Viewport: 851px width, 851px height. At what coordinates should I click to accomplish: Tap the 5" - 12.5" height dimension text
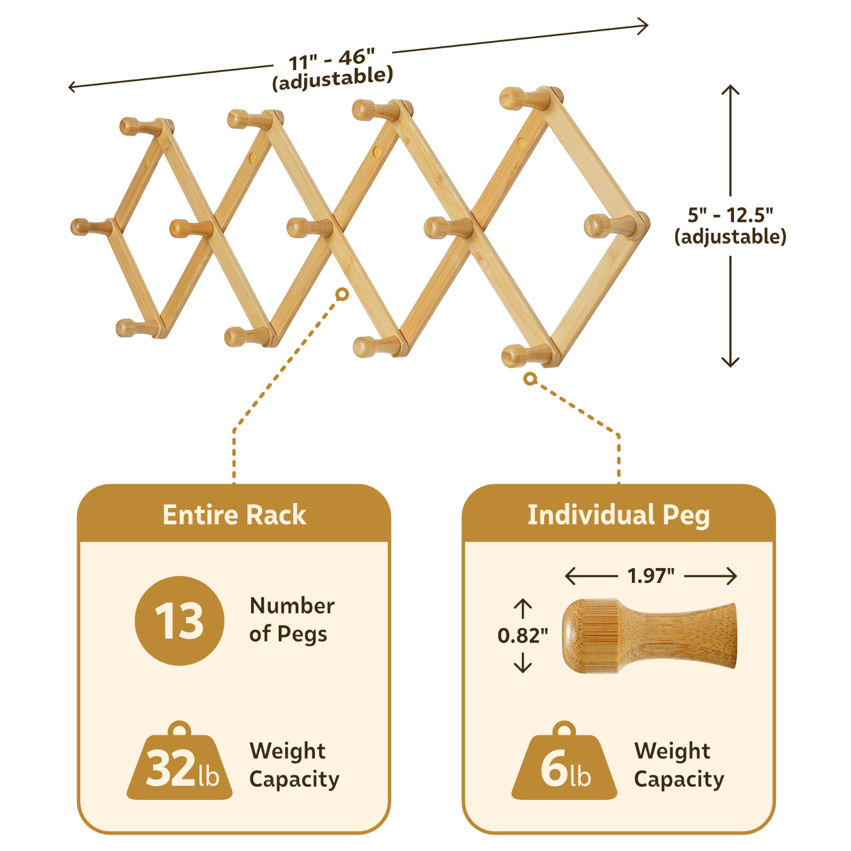pos(730,215)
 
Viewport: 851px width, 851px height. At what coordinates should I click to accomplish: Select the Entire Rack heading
pos(234,515)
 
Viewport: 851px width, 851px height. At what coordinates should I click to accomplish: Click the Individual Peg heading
pos(618,515)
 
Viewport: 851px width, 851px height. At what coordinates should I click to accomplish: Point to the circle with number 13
pos(179,621)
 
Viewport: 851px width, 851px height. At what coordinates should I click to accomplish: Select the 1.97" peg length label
pos(650,575)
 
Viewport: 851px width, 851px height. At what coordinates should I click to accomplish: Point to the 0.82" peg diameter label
pos(522,635)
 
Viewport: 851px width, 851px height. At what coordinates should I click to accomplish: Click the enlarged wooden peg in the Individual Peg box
pos(649,636)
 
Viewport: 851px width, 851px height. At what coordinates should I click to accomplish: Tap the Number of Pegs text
pos(291,620)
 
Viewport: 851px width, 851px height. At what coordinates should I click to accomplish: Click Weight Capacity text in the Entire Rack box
pos(294,765)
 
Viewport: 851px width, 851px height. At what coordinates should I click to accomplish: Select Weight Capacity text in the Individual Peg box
pos(679,765)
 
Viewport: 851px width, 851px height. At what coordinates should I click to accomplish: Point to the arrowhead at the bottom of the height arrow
pos(730,364)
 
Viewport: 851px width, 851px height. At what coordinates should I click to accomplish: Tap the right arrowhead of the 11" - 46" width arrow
pos(645,26)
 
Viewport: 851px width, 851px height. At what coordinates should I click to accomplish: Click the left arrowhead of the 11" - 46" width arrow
pos(72,86)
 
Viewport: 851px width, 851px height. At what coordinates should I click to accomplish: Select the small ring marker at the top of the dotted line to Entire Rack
pos(343,294)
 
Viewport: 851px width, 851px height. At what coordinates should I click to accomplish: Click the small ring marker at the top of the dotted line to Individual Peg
pos(530,379)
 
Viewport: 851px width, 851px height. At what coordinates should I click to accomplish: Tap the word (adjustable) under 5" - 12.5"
pos(730,237)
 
